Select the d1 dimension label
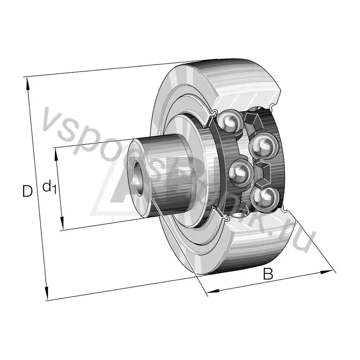tap(49, 186)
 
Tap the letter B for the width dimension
tap(268, 274)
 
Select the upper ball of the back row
tap(261, 146)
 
